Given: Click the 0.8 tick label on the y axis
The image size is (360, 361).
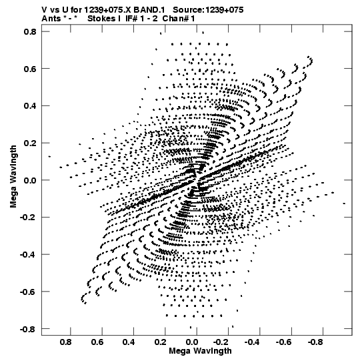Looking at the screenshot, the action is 30,31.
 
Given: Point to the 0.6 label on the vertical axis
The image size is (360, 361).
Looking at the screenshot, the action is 30,69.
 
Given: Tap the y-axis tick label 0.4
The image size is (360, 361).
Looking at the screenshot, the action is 30,106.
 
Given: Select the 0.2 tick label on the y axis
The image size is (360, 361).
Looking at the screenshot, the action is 30,143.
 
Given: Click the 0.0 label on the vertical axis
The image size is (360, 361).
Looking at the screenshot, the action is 30,180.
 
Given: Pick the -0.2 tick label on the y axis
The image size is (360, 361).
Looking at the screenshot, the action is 28,218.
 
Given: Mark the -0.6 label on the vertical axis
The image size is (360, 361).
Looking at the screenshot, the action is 28,292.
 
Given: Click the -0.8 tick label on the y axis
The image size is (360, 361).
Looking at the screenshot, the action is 28,329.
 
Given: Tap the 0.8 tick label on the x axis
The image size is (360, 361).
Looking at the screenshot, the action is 66,342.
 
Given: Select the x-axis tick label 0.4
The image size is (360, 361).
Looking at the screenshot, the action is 129,342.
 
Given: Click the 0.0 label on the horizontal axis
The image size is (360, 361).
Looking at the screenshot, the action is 192,342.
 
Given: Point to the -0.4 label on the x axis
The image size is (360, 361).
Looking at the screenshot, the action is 252,342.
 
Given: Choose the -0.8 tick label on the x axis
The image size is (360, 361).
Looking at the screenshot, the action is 315,342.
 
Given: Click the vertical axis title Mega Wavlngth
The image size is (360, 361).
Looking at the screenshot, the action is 13,177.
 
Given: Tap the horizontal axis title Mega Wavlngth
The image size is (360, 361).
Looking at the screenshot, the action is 201,352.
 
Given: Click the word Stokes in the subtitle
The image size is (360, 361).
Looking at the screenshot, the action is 101,19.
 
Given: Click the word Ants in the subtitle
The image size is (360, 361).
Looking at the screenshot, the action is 51,19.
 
